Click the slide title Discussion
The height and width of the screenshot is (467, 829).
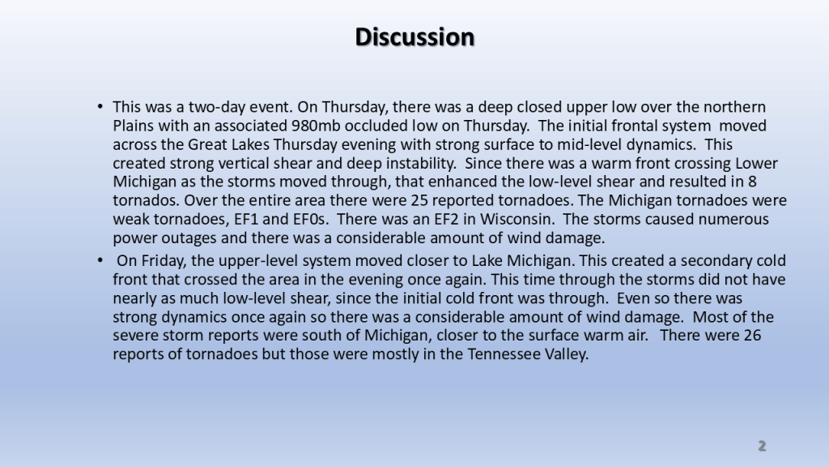[414, 37]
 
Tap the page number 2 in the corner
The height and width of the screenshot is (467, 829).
[762, 446]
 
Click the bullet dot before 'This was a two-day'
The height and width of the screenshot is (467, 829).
[100, 106]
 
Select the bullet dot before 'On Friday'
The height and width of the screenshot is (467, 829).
[100, 260]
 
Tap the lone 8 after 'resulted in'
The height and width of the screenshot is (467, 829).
[752, 182]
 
